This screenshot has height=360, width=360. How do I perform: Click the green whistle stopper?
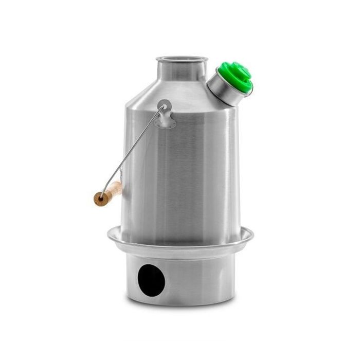[236, 77]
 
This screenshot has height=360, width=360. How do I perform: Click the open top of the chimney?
[182, 60]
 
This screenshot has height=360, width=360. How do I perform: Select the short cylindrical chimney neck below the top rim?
[182, 72]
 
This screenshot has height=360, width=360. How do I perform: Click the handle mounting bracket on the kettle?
[166, 116]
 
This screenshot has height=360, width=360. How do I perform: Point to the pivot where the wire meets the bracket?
[164, 107]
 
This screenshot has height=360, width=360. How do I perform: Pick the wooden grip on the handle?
[109, 193]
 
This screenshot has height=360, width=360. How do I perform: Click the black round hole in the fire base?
[152, 280]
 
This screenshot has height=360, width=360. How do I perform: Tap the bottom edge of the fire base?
[180, 304]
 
